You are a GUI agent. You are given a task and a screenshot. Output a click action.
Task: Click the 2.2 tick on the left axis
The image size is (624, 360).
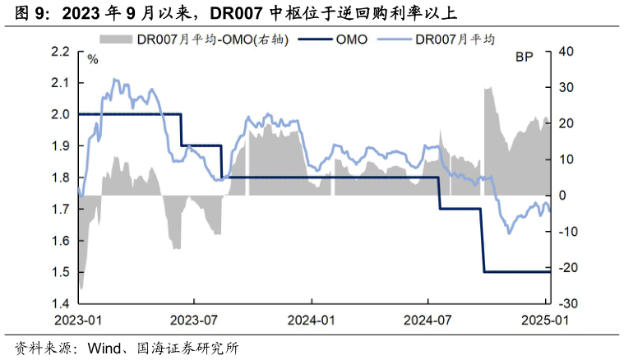60,51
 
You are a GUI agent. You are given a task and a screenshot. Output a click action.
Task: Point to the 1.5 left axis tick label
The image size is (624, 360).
60,272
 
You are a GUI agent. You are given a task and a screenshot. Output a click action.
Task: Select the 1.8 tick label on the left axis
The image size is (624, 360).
60,178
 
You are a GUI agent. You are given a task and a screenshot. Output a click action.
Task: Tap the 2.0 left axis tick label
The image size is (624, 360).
60,114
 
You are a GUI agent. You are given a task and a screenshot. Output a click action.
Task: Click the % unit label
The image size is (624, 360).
93,58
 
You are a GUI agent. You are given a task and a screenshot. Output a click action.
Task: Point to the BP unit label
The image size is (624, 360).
524,58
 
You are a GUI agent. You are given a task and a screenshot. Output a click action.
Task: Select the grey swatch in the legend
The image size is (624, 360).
116,39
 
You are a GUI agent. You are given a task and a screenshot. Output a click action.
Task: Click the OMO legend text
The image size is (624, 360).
351,39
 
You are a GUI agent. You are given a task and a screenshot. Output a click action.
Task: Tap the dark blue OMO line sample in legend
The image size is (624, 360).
313,39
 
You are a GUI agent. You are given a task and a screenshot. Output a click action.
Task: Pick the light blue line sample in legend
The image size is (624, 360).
394,39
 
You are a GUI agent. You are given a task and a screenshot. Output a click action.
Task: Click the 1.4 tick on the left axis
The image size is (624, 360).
60,304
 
